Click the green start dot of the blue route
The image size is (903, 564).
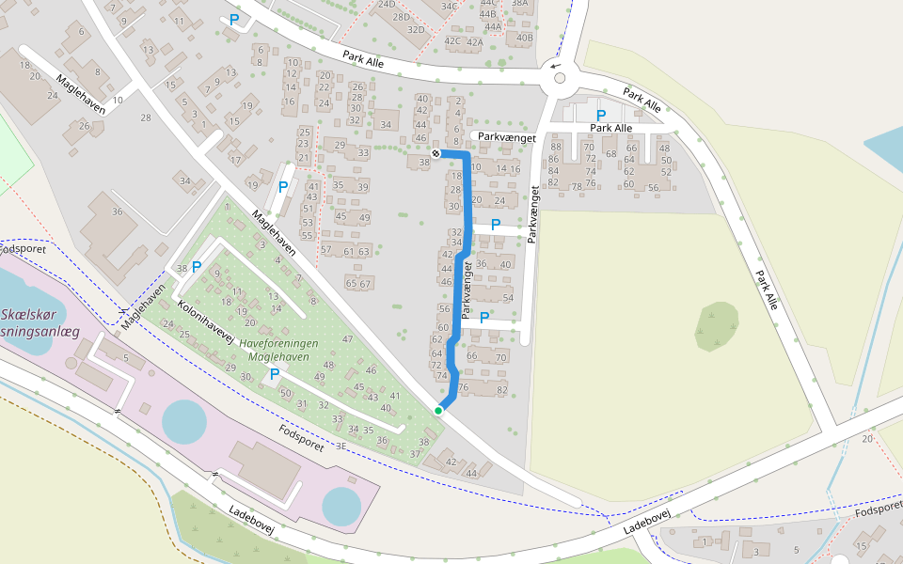[x=438, y=410]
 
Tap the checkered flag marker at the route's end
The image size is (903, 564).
[x=436, y=152]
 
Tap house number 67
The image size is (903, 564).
[x=366, y=283]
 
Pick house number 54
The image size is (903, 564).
[x=508, y=298]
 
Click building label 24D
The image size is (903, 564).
[x=387, y=5]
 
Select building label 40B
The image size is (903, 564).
[x=524, y=39]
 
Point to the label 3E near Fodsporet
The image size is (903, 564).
[x=341, y=446]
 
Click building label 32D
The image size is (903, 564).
[x=416, y=30]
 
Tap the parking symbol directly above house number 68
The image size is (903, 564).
[x=601, y=115]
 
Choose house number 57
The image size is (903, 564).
[x=326, y=250]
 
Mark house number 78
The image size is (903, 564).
[x=576, y=186]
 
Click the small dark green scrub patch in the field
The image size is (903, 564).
[x=717, y=325]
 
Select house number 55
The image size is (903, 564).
[x=307, y=235]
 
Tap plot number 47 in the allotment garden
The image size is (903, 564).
[x=347, y=339]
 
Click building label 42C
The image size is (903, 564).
[x=453, y=41]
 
